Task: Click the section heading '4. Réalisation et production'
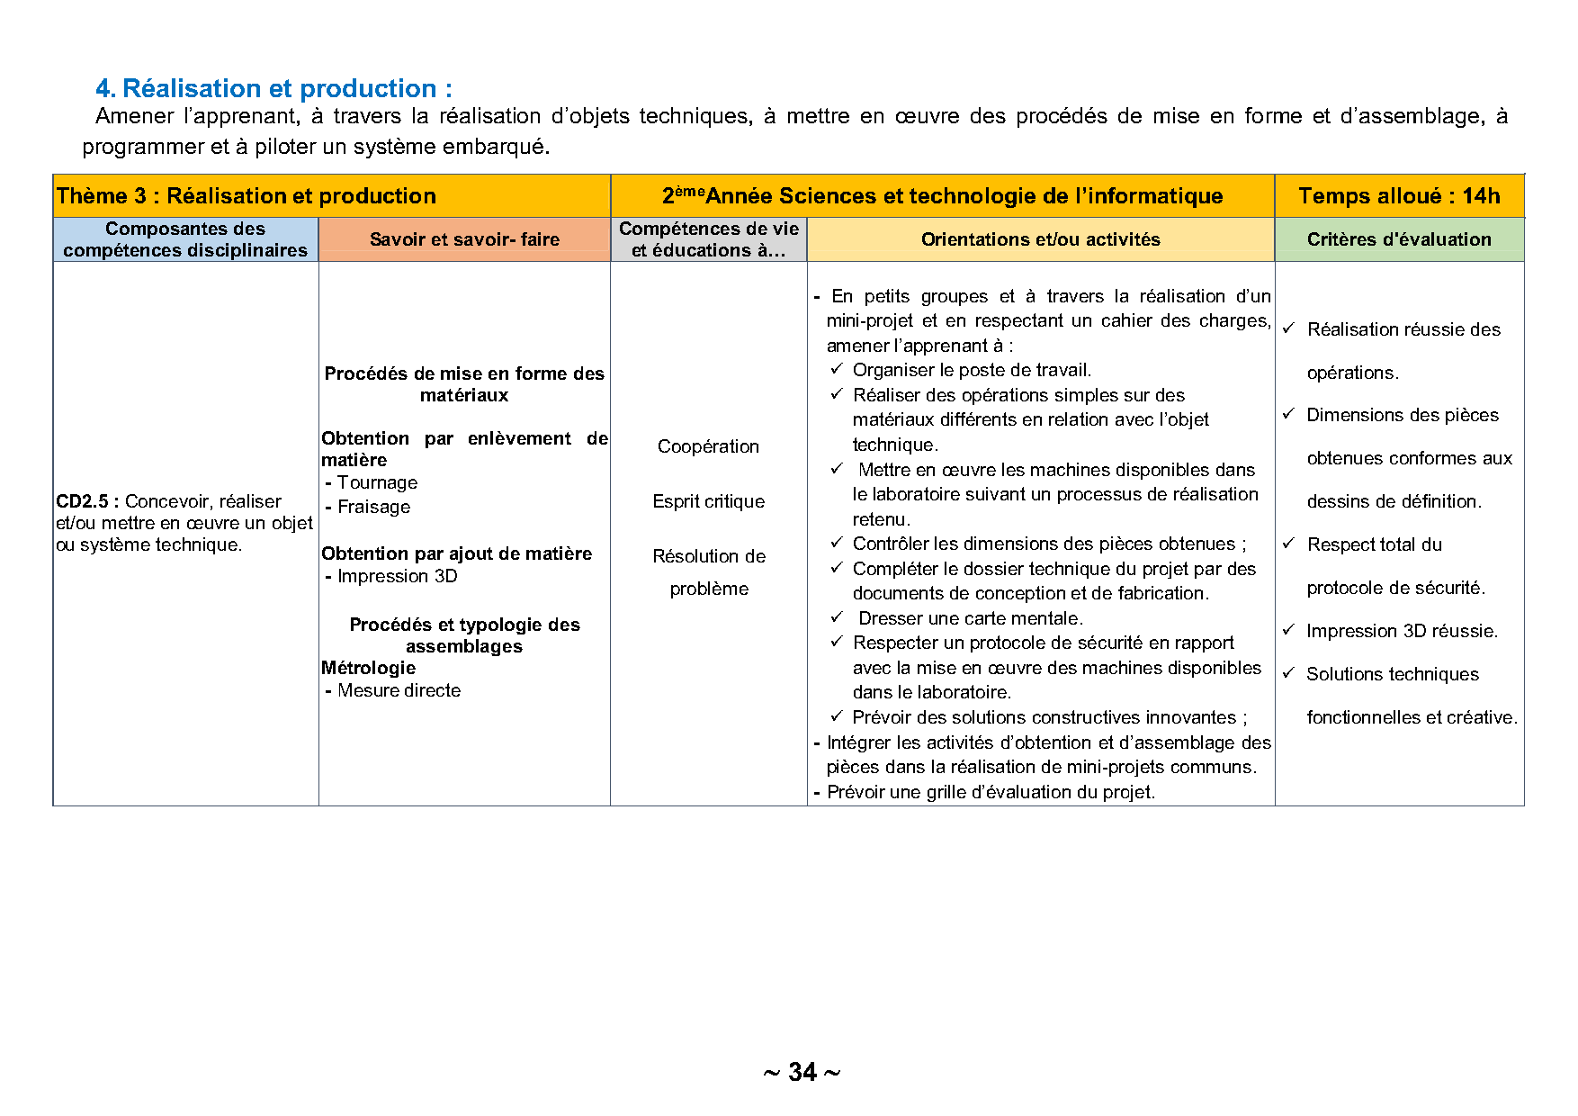[x=273, y=88]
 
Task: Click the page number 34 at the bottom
[x=802, y=1072]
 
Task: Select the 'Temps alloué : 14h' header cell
[x=1399, y=196]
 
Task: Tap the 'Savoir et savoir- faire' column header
[x=464, y=239]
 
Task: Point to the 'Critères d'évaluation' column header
[x=1399, y=239]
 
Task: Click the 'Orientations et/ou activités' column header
[x=1040, y=239]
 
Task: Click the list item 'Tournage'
[x=377, y=482]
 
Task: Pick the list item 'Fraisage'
[x=373, y=507]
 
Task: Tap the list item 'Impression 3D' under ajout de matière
[x=397, y=576]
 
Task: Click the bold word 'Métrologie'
[x=368, y=668]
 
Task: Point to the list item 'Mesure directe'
[x=399, y=690]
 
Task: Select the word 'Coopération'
[x=708, y=446]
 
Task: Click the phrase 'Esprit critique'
[x=708, y=501]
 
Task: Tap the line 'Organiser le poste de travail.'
[x=972, y=370]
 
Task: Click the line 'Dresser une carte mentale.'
[x=970, y=618]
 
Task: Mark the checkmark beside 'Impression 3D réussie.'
[x=1288, y=630]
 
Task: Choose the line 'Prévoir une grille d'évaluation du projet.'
[x=991, y=792]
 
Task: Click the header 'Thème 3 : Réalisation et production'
[x=246, y=196]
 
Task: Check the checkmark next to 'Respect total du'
[x=1288, y=544]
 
